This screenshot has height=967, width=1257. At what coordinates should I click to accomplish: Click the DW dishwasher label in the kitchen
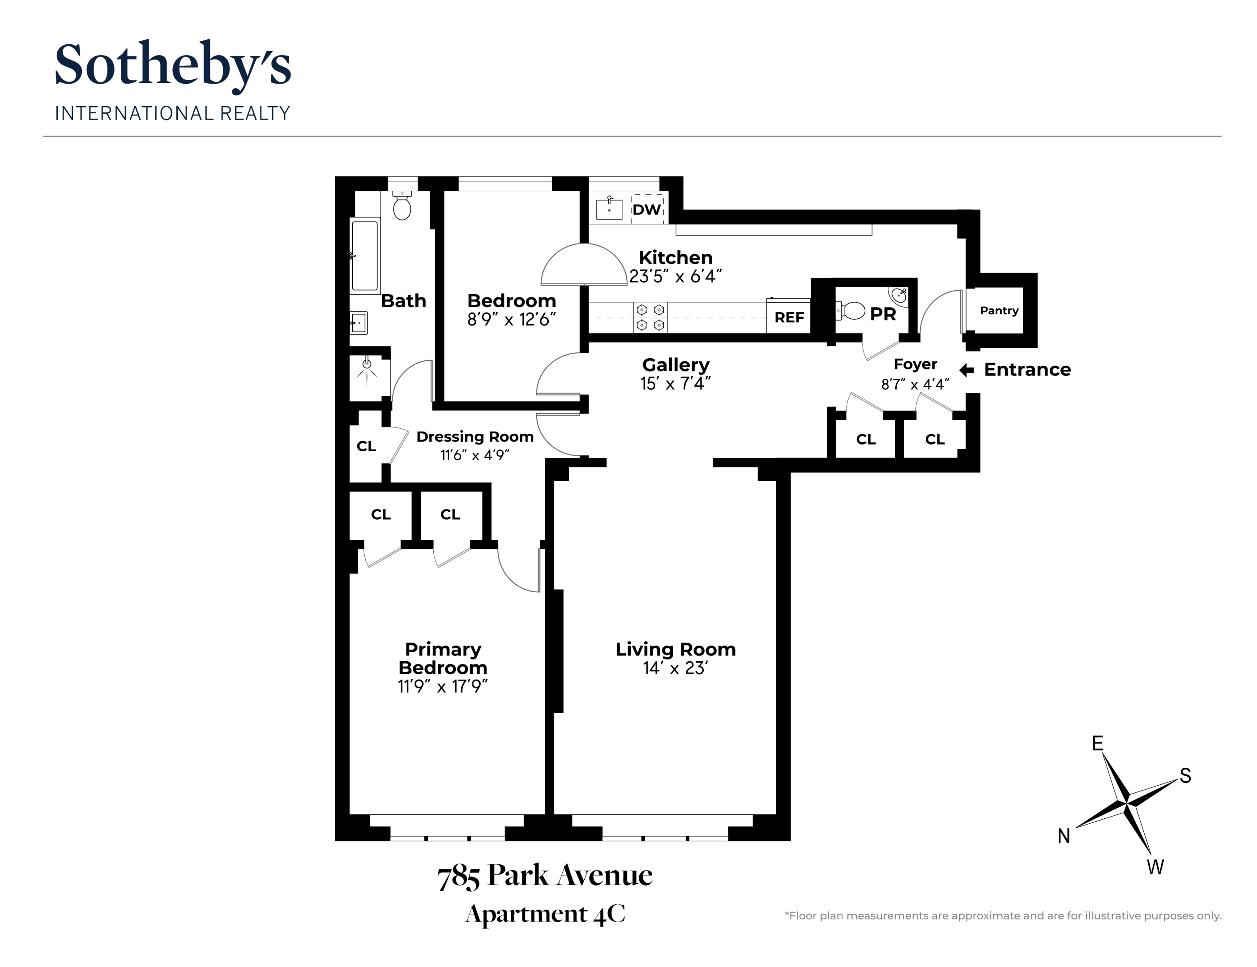tap(647, 210)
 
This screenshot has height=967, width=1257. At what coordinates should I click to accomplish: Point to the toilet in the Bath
tap(402, 206)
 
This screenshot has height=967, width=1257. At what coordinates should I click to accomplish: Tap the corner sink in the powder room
tap(898, 296)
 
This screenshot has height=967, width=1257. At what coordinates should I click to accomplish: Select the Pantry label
tap(999, 311)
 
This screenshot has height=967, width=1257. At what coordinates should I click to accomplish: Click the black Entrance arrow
tap(967, 370)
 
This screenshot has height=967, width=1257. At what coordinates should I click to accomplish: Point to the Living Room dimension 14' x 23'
tap(675, 668)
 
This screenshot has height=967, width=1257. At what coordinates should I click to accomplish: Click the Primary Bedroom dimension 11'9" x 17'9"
tap(443, 687)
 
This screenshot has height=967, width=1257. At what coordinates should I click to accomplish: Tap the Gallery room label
tap(676, 365)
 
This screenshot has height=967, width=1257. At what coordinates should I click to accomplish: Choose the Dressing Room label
tap(475, 437)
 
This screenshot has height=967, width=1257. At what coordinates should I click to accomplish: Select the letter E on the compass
tap(1098, 744)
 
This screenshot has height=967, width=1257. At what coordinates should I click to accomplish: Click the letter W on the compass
tap(1155, 867)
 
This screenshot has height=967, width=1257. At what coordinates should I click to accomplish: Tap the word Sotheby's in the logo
tap(173, 64)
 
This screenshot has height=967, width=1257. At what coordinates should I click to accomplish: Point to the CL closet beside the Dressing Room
tap(366, 446)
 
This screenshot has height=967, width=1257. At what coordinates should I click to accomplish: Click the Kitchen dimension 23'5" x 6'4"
tap(675, 277)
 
